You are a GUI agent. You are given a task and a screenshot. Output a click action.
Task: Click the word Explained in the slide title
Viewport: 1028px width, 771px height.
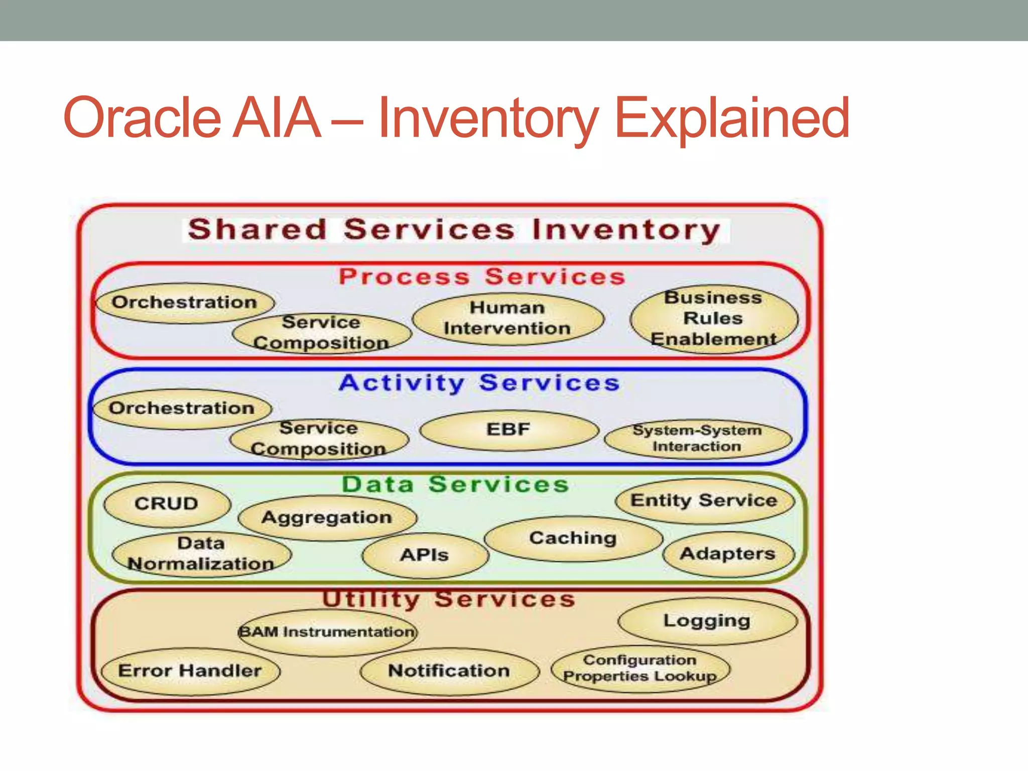732,119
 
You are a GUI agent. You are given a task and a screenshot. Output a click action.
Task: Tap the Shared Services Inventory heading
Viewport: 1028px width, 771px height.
454,230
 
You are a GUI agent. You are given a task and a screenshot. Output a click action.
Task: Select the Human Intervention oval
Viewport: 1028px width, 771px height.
507,318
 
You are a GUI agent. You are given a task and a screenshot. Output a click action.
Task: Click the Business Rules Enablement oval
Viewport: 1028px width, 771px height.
713,319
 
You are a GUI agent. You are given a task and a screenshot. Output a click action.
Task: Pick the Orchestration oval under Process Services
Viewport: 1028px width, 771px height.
185,303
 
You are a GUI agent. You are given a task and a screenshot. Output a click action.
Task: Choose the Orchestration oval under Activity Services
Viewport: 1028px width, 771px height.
182,409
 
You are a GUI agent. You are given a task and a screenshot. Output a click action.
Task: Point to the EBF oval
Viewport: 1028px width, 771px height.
508,430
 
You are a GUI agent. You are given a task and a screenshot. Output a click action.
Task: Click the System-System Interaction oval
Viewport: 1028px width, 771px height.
697,439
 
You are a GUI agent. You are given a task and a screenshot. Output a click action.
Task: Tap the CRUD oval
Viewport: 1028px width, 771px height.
167,504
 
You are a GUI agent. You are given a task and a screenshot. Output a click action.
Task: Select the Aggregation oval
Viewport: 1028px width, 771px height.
327,518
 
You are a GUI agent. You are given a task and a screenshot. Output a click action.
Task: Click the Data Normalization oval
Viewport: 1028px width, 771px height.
201,554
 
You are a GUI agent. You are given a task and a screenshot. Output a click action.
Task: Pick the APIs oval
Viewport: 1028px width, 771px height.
425,555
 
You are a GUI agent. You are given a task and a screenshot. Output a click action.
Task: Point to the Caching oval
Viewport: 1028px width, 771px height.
573,539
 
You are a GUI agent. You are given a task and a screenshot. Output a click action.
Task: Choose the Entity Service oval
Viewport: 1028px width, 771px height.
704,500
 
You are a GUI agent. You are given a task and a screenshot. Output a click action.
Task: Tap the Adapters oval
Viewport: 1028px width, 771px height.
728,554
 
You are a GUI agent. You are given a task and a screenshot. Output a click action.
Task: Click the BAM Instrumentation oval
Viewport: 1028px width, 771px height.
327,632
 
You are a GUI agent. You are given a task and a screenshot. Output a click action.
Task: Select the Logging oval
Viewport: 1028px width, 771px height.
707,621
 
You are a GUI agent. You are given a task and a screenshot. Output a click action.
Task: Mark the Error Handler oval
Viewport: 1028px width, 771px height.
190,671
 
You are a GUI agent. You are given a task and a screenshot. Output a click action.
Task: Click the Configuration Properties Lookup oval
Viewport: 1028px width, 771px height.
640,669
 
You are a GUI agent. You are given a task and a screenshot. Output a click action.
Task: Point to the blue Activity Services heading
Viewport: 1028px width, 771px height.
479,383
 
